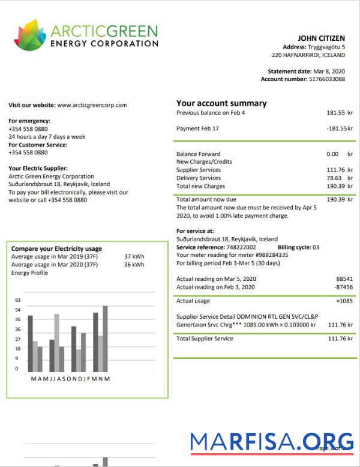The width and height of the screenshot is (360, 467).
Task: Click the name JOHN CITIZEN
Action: point(322,38)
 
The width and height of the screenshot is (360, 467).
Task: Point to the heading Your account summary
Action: point(221,103)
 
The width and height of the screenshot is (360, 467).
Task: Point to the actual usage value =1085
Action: point(344,301)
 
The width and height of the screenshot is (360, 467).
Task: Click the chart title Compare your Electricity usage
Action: point(57,249)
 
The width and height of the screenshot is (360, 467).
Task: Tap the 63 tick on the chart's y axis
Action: point(17,300)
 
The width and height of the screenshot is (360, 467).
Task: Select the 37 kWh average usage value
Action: point(134,256)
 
